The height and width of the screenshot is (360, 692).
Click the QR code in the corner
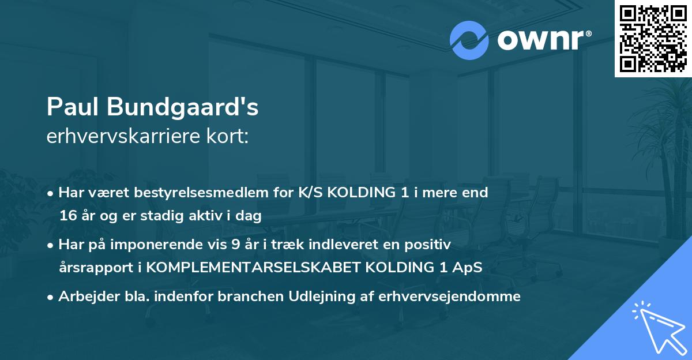click(653, 39)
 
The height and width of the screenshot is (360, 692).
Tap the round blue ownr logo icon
click(468, 40)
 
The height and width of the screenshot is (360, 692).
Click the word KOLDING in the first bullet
click(362, 193)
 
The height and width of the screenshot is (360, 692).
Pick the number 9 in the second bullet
click(235, 245)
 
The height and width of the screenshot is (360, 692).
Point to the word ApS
click(469, 268)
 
